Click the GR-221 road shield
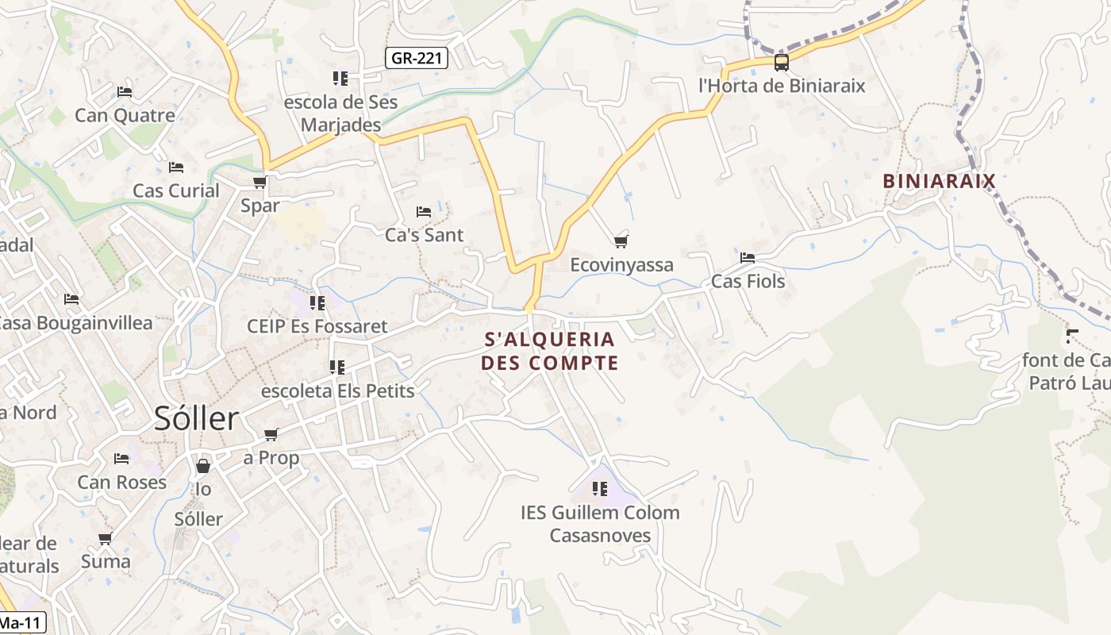coord(417,58)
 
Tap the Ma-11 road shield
coord(22,623)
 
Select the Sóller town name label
coord(197,418)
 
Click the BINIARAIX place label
coord(939,181)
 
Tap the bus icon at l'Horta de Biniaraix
coord(782,63)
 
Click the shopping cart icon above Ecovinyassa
coord(621,241)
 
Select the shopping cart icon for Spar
coord(259,183)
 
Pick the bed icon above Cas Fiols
coord(748,258)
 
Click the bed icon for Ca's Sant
coord(424,212)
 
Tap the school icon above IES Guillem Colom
coord(600,489)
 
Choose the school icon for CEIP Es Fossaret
coord(317,302)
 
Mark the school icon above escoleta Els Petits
coord(337,368)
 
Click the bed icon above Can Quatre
coord(125,92)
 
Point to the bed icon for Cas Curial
coord(176,167)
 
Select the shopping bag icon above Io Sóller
coord(203,466)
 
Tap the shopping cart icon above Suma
coord(105,539)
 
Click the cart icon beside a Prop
coord(271,434)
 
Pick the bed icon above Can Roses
coord(121,459)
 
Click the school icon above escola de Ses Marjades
coord(340,79)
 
